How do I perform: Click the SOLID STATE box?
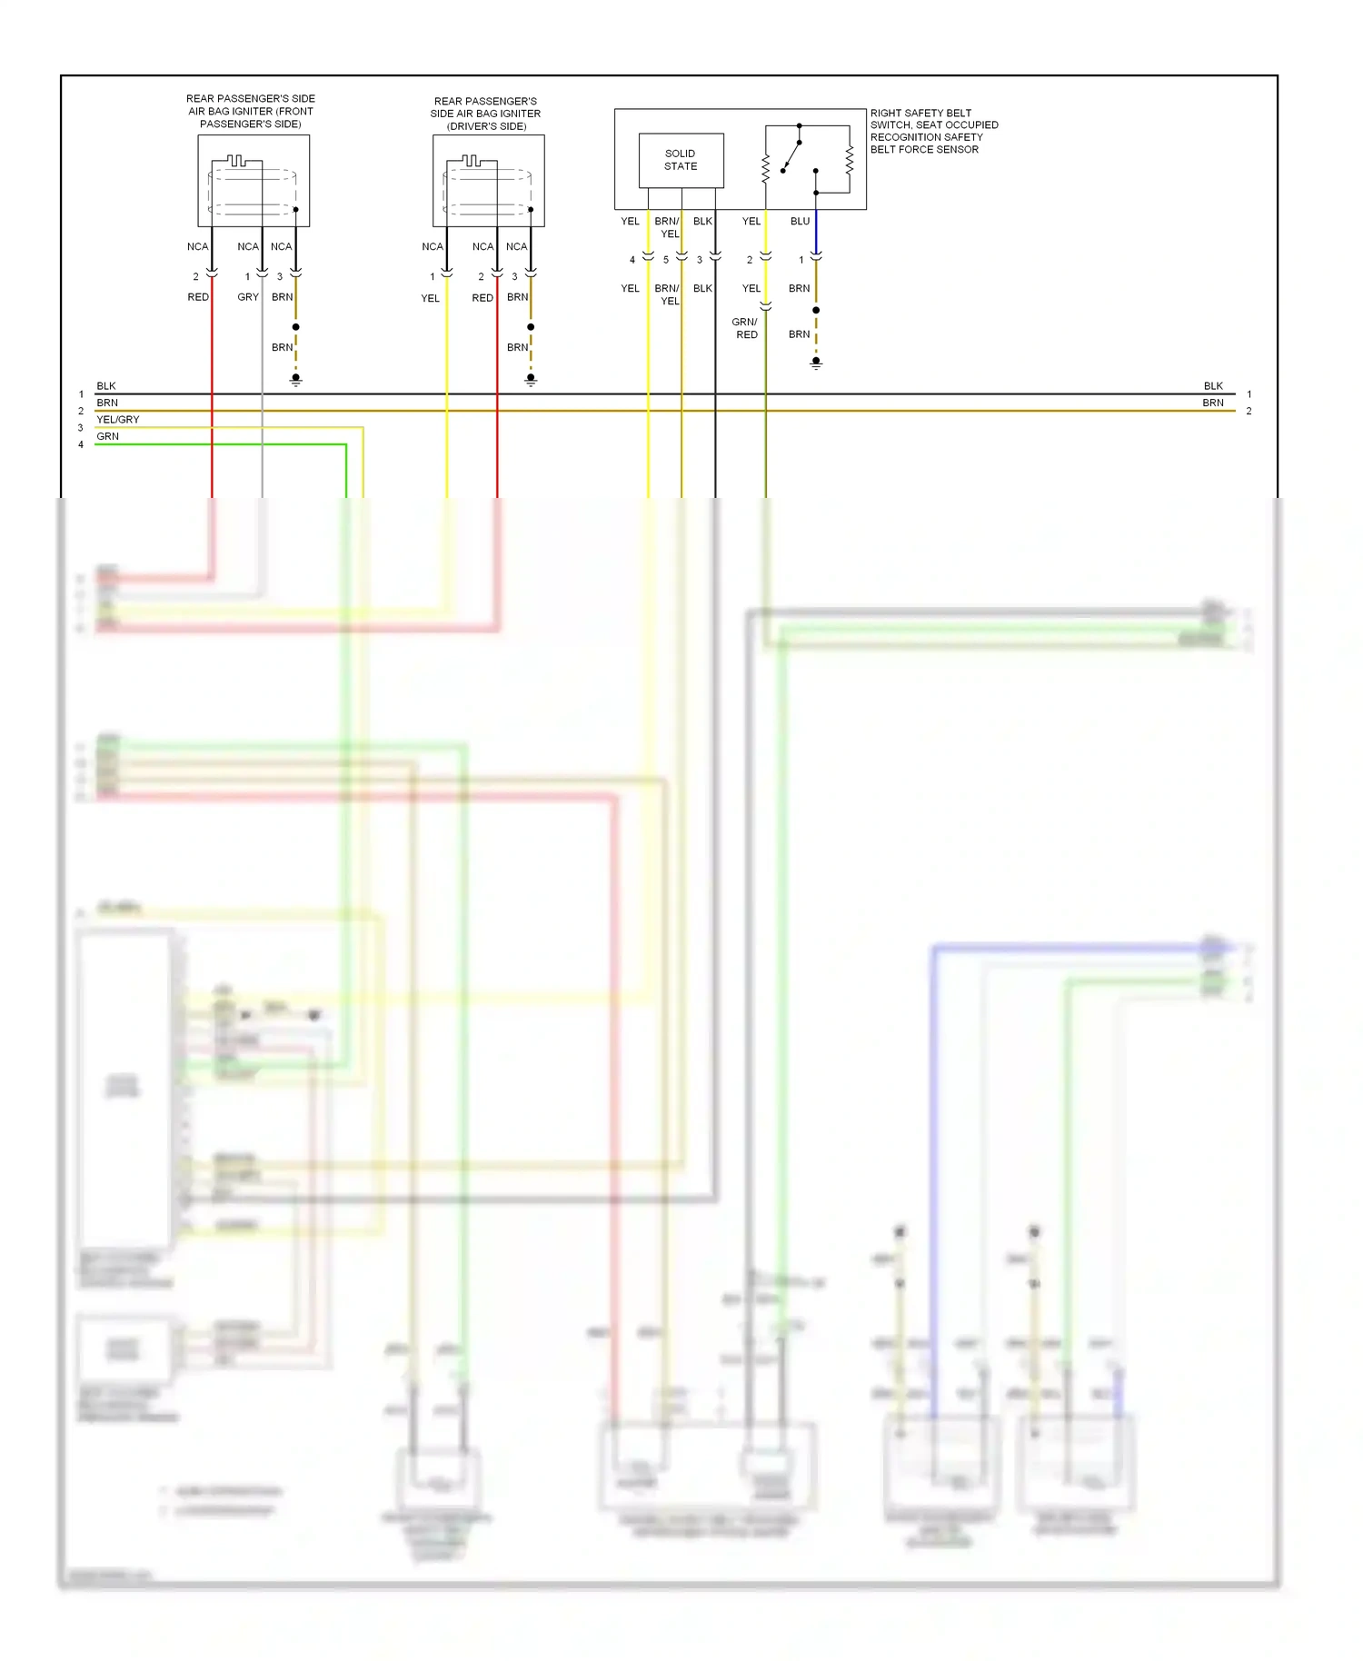point(681,160)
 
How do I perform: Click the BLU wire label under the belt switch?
point(800,221)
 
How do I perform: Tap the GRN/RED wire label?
point(745,328)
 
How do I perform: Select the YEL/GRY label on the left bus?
point(118,420)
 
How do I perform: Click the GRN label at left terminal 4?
point(107,436)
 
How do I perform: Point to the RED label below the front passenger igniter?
point(198,297)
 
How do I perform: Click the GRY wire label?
point(248,297)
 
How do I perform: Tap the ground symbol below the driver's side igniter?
point(531,381)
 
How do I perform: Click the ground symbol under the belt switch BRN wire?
point(816,363)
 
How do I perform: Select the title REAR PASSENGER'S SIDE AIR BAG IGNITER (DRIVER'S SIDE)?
point(485,114)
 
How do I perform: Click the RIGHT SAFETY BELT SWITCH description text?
point(933,131)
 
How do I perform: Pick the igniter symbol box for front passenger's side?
point(254,181)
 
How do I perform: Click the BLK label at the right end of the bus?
point(1213,386)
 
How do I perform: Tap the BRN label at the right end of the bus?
point(1213,403)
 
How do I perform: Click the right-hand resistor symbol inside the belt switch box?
point(850,161)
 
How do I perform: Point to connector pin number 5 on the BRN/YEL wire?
point(666,260)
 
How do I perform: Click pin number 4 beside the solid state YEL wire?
point(632,260)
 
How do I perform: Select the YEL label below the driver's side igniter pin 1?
point(430,298)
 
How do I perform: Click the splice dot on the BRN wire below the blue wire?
point(816,311)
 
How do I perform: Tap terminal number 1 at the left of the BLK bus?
point(81,394)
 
